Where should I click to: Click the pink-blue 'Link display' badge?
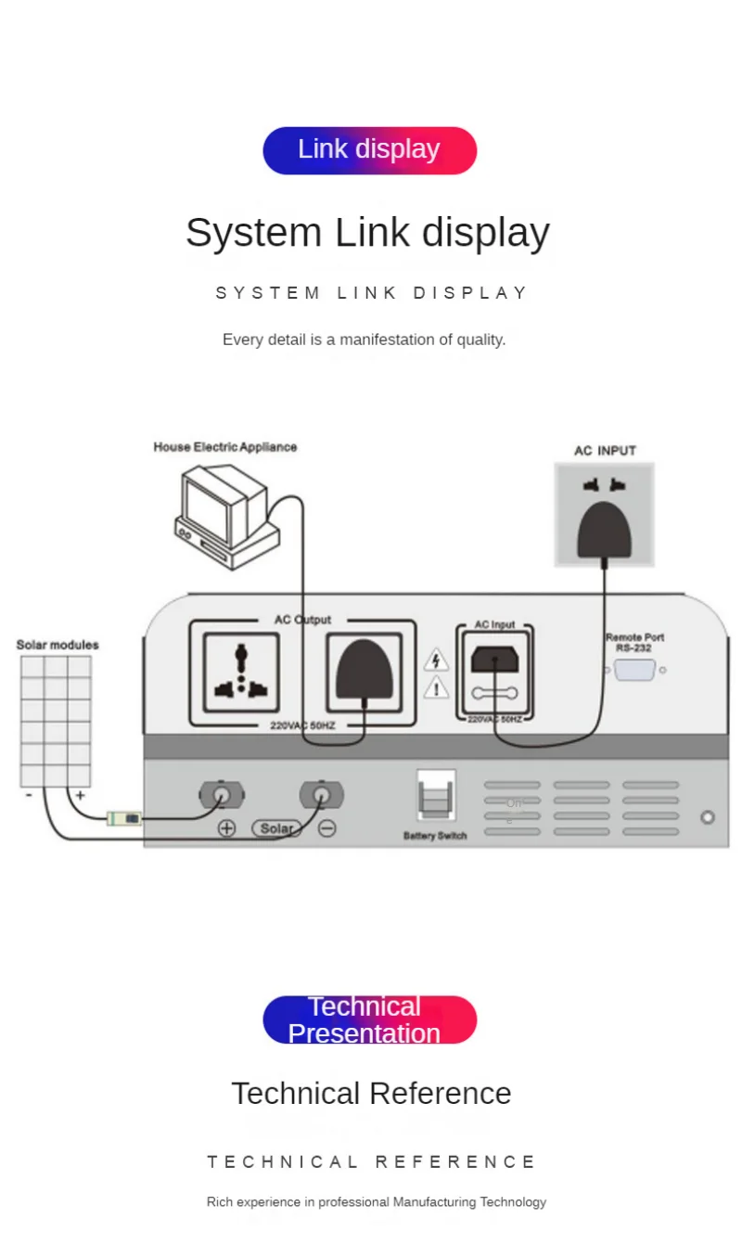click(369, 150)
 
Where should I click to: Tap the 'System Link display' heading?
click(367, 232)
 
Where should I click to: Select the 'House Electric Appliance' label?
click(225, 447)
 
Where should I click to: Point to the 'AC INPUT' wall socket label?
click(605, 451)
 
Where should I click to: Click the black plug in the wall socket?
click(605, 531)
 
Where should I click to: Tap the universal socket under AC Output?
click(241, 672)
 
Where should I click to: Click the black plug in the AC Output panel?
click(364, 670)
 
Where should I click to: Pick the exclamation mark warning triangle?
click(436, 688)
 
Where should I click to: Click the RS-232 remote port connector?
click(634, 670)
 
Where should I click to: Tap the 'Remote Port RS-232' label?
click(634, 642)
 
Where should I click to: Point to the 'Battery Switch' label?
click(435, 836)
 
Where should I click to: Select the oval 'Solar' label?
click(276, 828)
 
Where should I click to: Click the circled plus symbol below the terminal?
click(226, 828)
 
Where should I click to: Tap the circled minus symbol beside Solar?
click(326, 828)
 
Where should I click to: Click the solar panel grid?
click(56, 722)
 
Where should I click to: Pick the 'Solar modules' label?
click(58, 645)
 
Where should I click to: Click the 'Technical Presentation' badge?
click(369, 1020)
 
